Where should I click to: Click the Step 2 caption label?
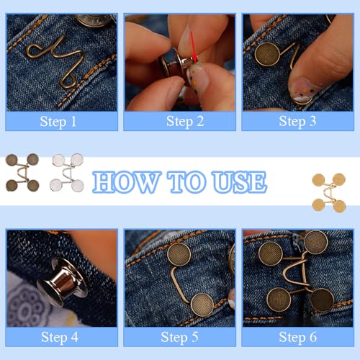point(179,121)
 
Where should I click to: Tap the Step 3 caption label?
point(297,121)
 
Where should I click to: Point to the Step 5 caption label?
point(179,337)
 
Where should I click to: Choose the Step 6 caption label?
point(297,337)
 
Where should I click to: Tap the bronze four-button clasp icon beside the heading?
point(23,174)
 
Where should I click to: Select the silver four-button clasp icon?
point(67,174)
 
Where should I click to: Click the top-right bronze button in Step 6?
point(316,243)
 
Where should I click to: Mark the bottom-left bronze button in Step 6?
point(278,299)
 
